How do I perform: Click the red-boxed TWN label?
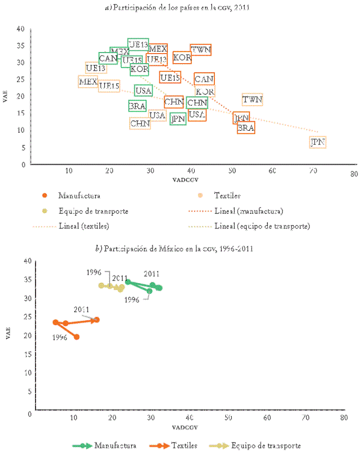point(201,50)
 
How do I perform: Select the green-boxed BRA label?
point(137,106)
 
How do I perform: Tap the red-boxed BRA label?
point(246,128)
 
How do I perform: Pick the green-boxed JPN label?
point(178,119)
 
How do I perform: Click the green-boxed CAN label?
point(108,59)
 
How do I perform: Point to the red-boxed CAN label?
point(204,79)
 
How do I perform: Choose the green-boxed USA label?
point(143,91)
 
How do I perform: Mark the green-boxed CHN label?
point(197,103)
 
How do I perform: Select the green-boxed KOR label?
point(139,69)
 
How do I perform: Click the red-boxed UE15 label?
point(170,77)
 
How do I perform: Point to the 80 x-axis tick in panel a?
point(354,174)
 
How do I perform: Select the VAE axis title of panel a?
point(6,97)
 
